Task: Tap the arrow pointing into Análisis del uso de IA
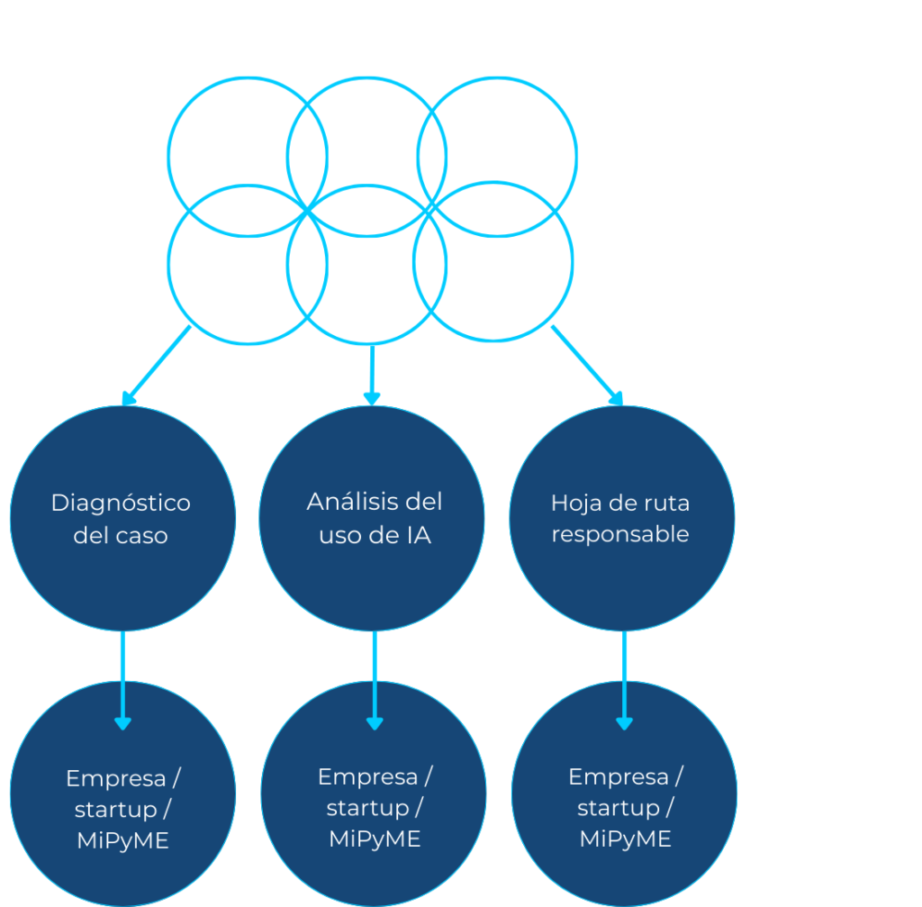[371, 374]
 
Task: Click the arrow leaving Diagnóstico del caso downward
[122, 680]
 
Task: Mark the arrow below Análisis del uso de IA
[375, 680]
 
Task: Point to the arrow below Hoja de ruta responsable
[624, 680]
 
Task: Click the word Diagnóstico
[121, 503]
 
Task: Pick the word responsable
[620, 534]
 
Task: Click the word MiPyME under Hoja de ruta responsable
[625, 839]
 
